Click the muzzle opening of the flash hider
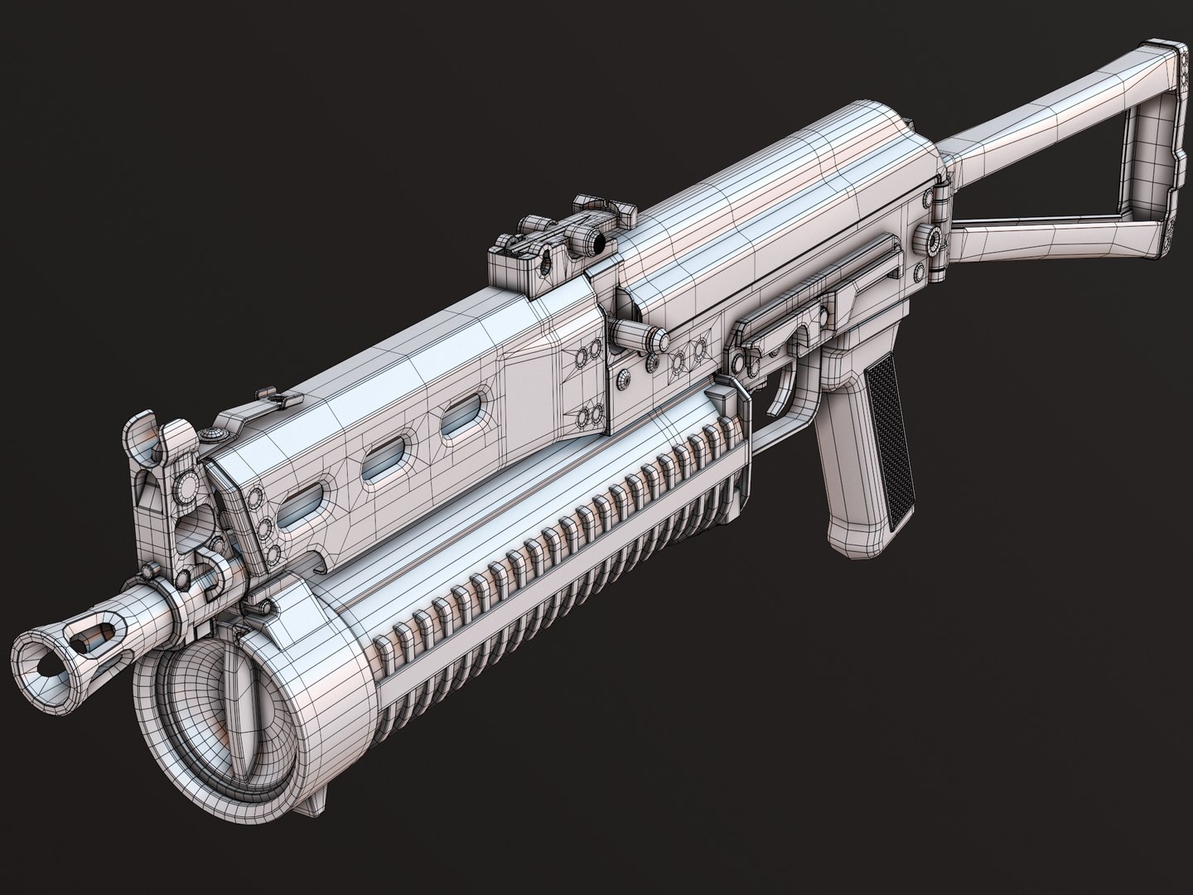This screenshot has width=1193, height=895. [39, 655]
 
